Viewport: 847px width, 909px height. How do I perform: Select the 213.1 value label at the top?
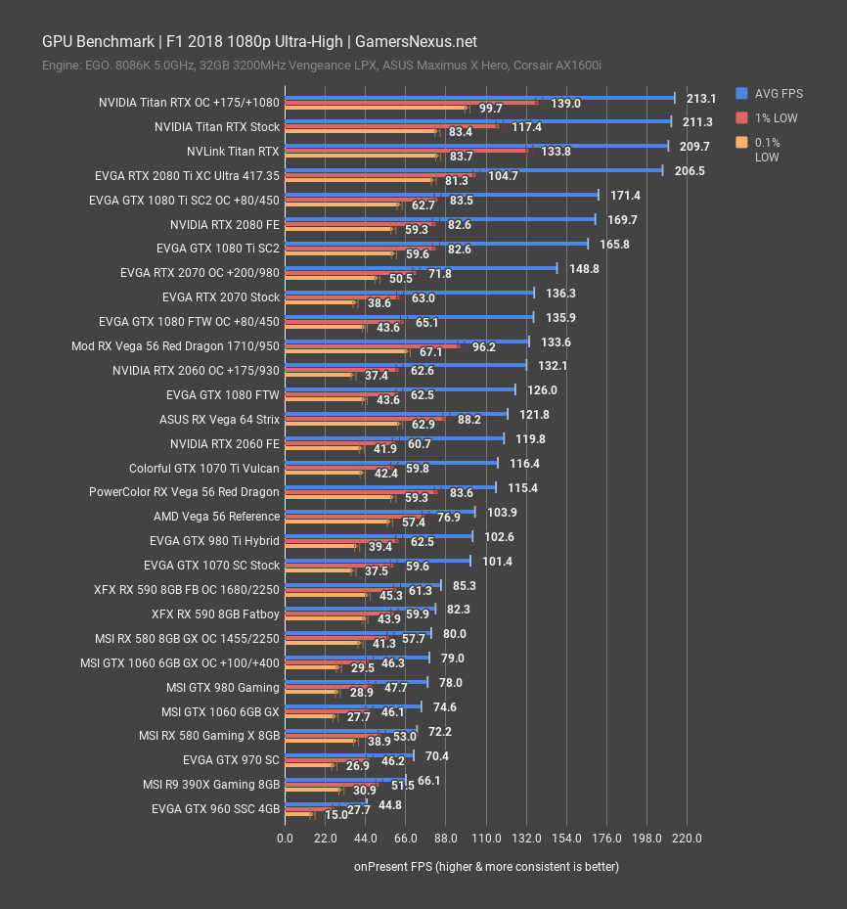tap(701, 98)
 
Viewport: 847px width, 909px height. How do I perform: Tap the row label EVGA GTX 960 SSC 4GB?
tap(215, 809)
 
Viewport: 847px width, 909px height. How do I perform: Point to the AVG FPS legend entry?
tap(778, 93)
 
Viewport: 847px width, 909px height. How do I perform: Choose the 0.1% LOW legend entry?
tap(768, 149)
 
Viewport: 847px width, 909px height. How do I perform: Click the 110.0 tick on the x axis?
tap(486, 838)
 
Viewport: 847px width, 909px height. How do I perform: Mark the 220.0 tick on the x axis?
tap(688, 838)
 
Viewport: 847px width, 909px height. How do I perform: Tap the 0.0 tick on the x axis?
tap(285, 838)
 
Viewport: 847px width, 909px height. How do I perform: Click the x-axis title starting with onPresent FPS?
tap(486, 866)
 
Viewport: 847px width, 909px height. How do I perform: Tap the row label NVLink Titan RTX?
tap(233, 152)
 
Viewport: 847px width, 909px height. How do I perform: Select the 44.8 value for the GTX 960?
tap(390, 805)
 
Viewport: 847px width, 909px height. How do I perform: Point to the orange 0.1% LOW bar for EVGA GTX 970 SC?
tap(308, 765)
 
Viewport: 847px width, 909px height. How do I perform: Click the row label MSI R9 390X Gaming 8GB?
tap(210, 785)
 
